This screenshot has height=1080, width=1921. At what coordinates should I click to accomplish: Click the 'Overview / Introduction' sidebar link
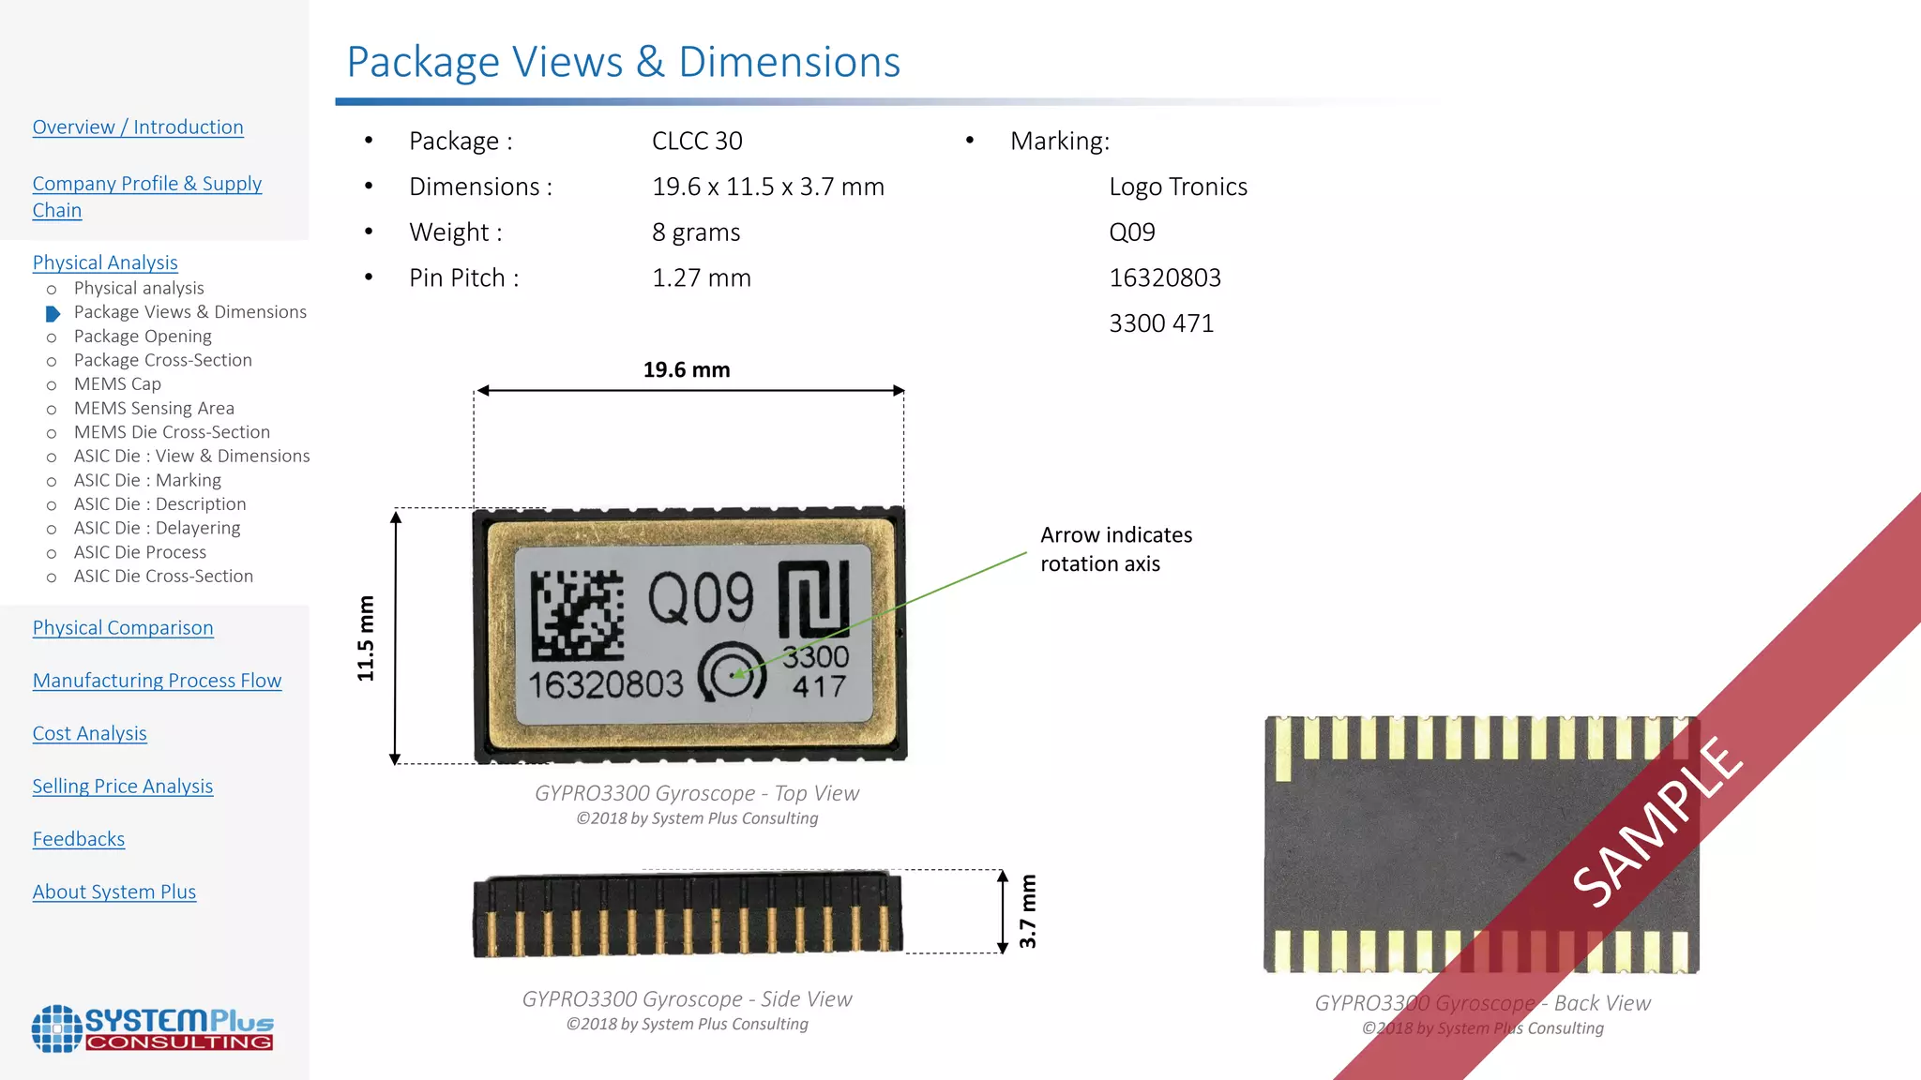click(x=138, y=127)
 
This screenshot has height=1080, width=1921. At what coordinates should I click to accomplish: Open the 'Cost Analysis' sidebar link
click(x=89, y=733)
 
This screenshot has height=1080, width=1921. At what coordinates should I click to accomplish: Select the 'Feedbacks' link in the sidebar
click(x=79, y=839)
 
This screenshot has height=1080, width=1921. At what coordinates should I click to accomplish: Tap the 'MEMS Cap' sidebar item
click(x=117, y=384)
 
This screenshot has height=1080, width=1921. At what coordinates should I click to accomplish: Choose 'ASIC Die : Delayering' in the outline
click(x=157, y=529)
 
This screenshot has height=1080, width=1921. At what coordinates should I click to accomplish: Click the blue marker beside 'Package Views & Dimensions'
click(x=53, y=313)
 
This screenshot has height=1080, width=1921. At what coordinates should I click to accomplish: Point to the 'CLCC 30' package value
click(x=697, y=142)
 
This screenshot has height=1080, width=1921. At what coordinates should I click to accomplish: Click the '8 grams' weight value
click(x=696, y=232)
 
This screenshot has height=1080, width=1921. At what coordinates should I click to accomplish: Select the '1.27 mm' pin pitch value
click(x=702, y=278)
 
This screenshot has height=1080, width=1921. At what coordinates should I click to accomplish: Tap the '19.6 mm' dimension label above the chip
click(x=687, y=370)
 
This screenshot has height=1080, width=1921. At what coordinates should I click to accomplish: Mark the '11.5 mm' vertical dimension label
click(x=366, y=637)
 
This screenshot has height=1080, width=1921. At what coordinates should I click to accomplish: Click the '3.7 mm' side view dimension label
click(x=1028, y=911)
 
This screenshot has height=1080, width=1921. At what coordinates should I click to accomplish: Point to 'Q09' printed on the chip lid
click(x=701, y=598)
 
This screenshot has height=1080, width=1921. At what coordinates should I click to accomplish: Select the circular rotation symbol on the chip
click(x=733, y=673)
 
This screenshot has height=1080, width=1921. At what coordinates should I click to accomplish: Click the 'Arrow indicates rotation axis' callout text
click(x=1115, y=549)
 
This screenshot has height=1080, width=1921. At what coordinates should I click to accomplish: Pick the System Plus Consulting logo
click(x=153, y=1028)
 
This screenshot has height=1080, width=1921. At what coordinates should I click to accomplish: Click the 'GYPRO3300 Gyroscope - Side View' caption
click(x=687, y=999)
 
